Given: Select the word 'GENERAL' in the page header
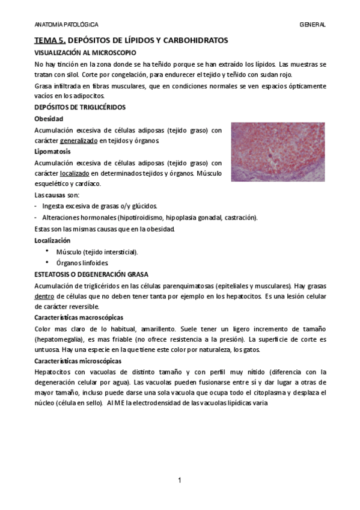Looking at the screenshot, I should (x=313, y=25).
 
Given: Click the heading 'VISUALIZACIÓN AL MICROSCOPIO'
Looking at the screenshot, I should (x=86, y=53).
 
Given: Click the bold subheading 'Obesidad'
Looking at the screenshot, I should (x=49, y=118).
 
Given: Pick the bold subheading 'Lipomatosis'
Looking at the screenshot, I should (x=53, y=152).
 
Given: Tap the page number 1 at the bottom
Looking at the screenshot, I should (x=180, y=480).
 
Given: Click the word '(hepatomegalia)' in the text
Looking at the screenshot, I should (x=58, y=339).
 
